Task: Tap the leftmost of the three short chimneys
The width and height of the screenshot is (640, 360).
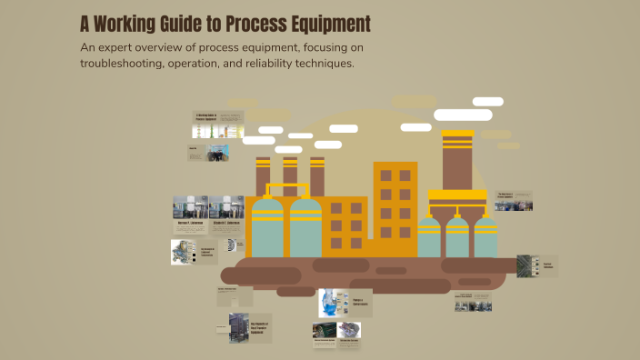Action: (263, 176)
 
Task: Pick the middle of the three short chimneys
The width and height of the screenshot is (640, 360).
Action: (290, 176)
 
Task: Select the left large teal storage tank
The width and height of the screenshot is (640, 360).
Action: (267, 227)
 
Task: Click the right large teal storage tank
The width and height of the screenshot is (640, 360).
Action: (306, 227)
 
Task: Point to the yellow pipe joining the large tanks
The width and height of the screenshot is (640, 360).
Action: (286, 188)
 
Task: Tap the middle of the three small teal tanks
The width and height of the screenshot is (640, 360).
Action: (457, 237)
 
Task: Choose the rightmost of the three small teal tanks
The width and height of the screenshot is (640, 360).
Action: (486, 237)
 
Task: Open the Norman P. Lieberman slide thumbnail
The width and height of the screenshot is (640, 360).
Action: (191, 210)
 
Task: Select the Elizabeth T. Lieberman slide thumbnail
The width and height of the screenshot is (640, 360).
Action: (226, 210)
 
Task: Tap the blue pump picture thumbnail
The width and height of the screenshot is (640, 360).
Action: (333, 303)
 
